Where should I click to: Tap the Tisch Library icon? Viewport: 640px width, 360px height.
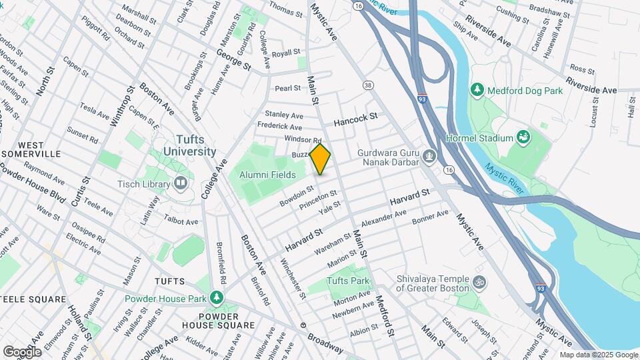[x=181, y=183]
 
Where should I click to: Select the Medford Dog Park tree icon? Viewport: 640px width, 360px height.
[x=477, y=89]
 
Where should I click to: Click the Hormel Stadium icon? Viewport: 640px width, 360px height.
[x=524, y=138]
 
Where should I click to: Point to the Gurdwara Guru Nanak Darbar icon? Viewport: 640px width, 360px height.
[x=430, y=157]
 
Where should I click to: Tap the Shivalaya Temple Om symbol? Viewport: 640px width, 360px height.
[x=477, y=282]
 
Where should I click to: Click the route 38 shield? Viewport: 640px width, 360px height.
[x=367, y=85]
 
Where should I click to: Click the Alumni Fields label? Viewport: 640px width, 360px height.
[x=267, y=175]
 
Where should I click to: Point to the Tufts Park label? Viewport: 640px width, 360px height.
[x=348, y=281]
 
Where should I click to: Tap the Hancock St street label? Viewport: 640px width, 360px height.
[x=356, y=119]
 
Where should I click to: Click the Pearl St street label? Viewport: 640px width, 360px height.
[x=288, y=88]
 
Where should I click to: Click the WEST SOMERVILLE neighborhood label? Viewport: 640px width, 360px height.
[x=40, y=149]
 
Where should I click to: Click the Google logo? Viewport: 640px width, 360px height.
[x=22, y=351]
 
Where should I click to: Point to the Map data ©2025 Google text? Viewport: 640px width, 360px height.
[x=598, y=355]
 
